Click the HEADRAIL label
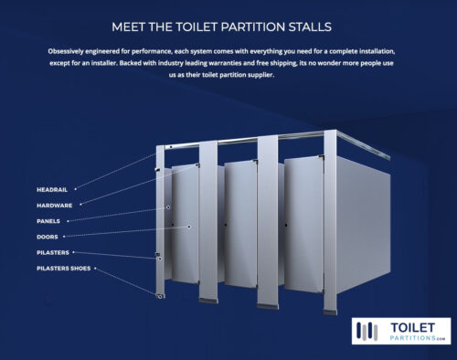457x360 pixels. [52, 190]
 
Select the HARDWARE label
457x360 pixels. [55, 206]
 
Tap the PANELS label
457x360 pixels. [48, 221]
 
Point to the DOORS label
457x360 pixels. [48, 237]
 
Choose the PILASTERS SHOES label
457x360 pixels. [64, 269]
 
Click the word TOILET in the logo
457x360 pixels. [412, 328]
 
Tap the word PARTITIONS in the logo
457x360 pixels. [413, 338]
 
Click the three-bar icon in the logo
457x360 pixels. [367, 331]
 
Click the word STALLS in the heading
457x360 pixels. [310, 27]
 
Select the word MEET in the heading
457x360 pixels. [128, 27]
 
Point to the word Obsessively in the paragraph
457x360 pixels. [66, 51]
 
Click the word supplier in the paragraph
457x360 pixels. [260, 75]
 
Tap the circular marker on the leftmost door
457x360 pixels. [189, 227]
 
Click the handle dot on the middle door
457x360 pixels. [226, 225]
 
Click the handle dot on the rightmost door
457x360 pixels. [286, 225]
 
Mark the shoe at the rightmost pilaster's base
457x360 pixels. [330, 312]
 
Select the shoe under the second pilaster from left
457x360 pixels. [208, 301]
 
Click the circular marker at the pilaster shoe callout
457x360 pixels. [160, 296]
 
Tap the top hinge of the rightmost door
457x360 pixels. [321, 157]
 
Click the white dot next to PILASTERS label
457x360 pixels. [73, 252]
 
